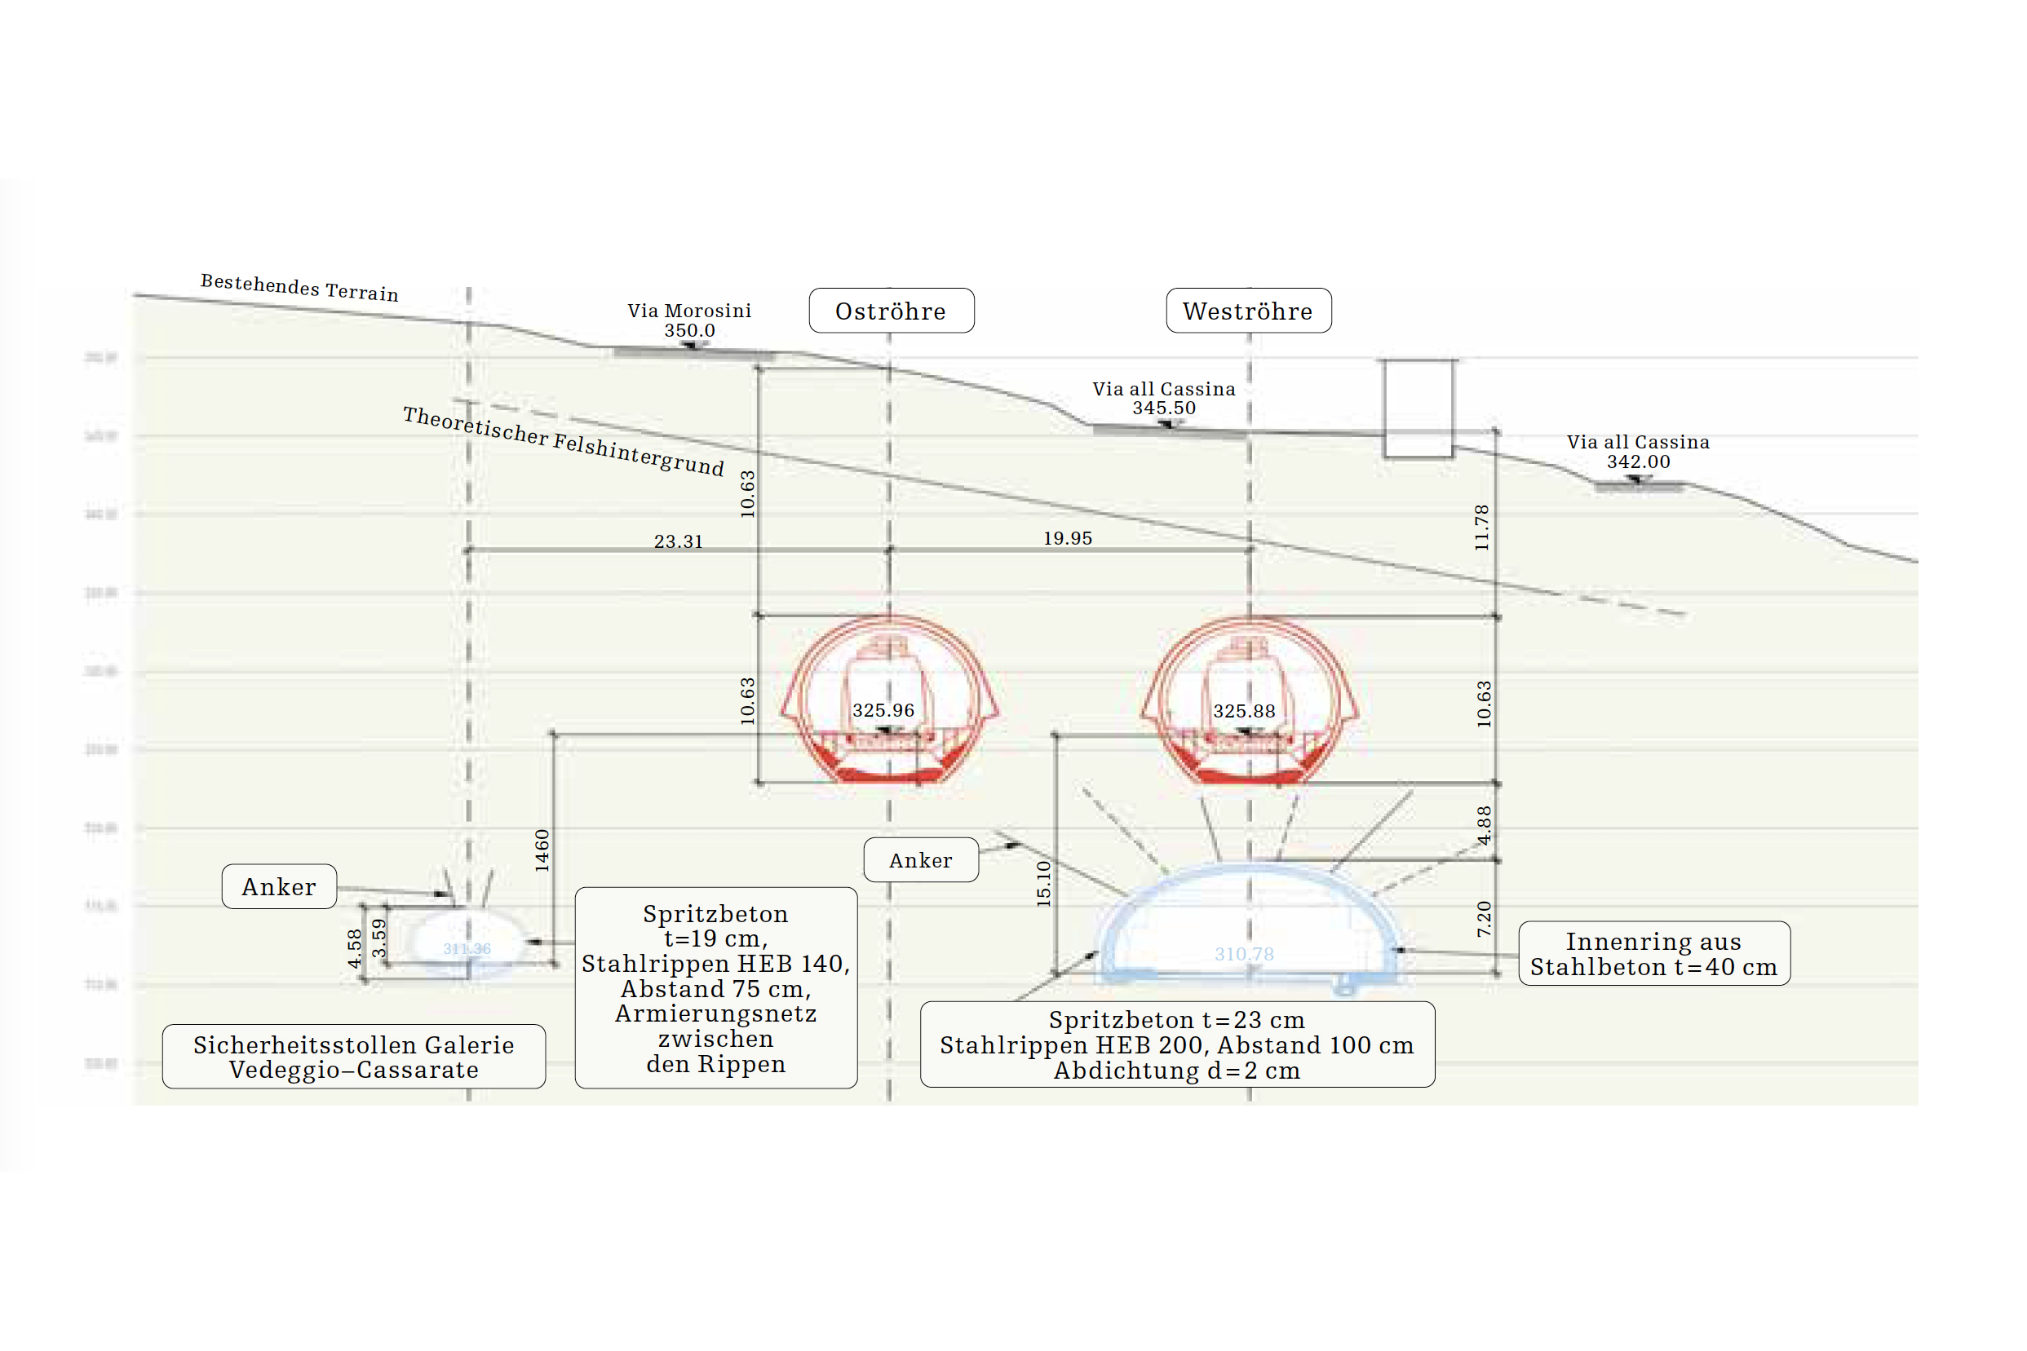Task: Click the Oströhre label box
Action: tap(891, 311)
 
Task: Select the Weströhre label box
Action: tap(1248, 311)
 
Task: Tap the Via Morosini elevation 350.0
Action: tap(689, 331)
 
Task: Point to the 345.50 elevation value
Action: tap(1163, 408)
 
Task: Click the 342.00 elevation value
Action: tap(1637, 461)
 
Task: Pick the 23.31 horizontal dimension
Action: tap(679, 542)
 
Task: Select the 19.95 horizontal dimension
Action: tap(1068, 538)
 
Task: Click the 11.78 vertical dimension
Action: tap(1481, 528)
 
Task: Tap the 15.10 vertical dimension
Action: tap(1043, 883)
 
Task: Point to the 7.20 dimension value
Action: tap(1483, 919)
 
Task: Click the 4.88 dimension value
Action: tap(1483, 825)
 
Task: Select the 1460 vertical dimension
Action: tap(542, 850)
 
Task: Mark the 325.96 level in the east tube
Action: tap(883, 711)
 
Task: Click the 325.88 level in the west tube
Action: tap(1244, 712)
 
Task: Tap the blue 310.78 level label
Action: tap(1244, 954)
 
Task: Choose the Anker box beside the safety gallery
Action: tap(279, 886)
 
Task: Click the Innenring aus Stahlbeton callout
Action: tap(1653, 954)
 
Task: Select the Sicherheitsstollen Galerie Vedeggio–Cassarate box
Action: tap(353, 1057)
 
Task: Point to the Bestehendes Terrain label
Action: tap(299, 287)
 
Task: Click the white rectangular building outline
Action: tap(1418, 408)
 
